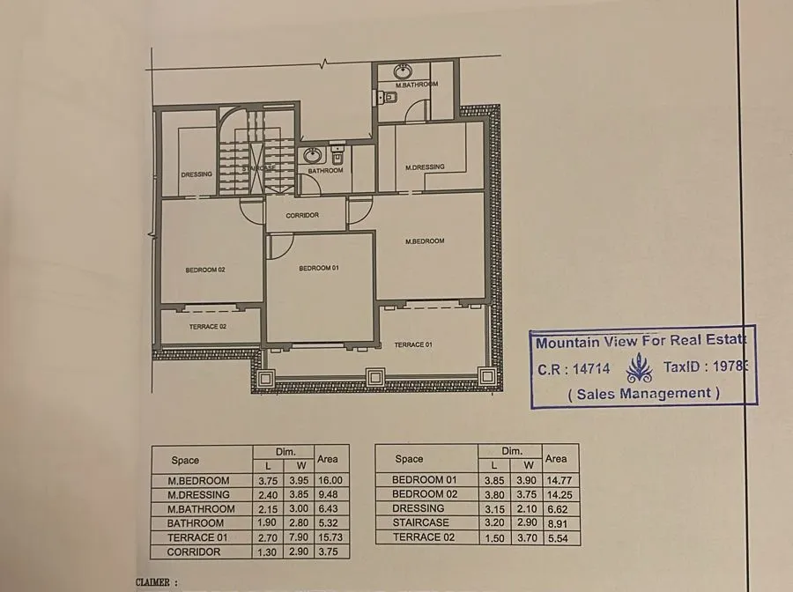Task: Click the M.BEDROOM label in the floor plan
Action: click(x=425, y=241)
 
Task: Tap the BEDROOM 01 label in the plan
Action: click(x=318, y=268)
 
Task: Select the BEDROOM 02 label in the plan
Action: click(x=205, y=270)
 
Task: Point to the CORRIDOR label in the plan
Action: click(x=303, y=215)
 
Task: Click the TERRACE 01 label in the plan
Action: click(x=412, y=344)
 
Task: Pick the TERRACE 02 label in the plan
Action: click(x=208, y=327)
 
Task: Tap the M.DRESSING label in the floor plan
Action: click(x=425, y=167)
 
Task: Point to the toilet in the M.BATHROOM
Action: click(x=384, y=99)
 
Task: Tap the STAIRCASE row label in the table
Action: click(x=420, y=522)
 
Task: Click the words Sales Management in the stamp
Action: click(x=643, y=394)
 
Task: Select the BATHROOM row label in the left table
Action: click(x=195, y=523)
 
